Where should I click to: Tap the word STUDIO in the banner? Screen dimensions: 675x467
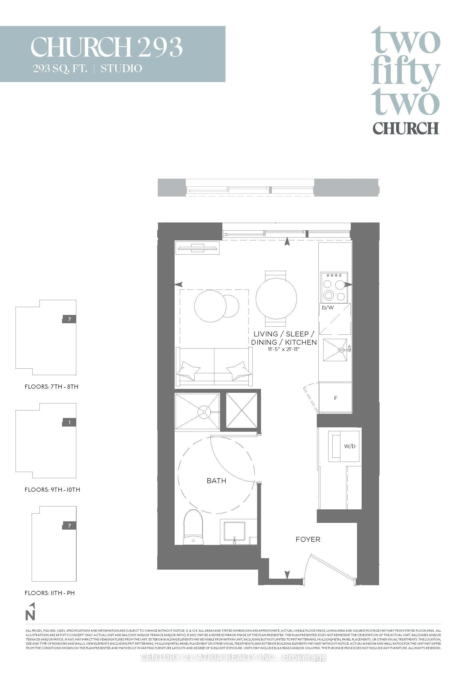[121, 69]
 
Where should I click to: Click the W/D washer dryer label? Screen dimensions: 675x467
[350, 446]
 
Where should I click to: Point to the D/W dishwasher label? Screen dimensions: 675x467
[328, 308]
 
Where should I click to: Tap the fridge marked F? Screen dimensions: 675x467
[336, 398]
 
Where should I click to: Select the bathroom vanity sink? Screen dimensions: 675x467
[234, 531]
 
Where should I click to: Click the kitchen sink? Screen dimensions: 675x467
[335, 350]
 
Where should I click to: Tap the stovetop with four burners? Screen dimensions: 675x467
[334, 287]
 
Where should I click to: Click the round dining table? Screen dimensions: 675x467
[276, 299]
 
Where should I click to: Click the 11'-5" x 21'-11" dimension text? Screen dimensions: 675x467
[284, 349]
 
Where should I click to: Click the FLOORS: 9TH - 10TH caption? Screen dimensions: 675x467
[52, 490]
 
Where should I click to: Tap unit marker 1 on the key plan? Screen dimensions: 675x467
[69, 422]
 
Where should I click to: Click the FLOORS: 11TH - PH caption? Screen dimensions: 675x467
[50, 593]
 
